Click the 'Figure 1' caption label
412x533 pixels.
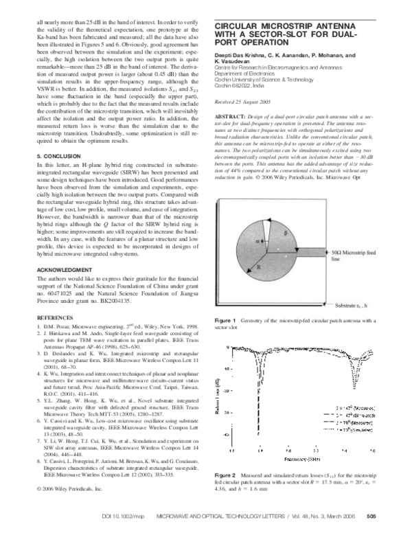coord(225,321)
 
